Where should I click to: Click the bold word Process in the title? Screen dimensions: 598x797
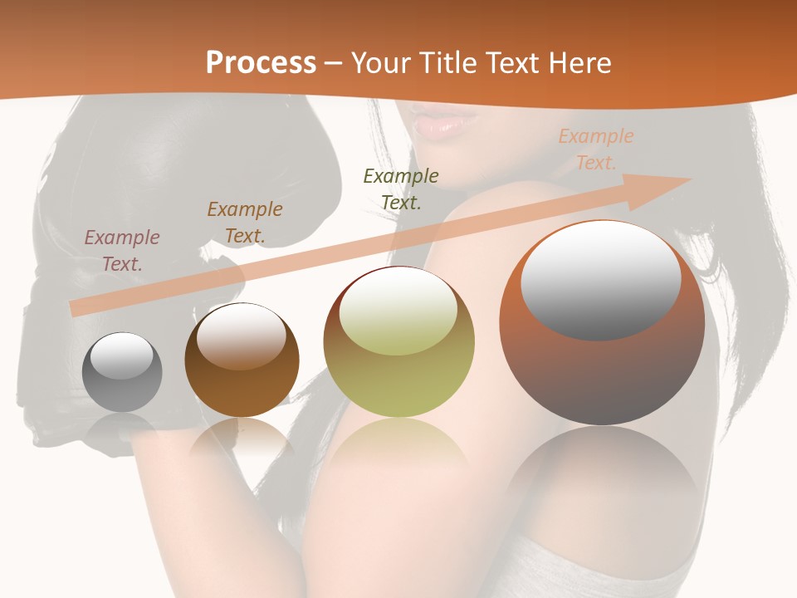(x=261, y=63)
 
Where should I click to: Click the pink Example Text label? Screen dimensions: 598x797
(x=122, y=250)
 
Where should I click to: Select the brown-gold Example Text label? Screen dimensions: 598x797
(x=245, y=222)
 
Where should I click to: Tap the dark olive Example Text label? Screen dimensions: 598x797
(x=401, y=189)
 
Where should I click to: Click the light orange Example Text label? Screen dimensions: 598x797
(x=596, y=149)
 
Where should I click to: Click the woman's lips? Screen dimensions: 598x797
(x=444, y=122)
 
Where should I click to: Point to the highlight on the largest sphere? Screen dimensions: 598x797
(x=600, y=281)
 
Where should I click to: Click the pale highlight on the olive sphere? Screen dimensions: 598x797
(x=398, y=311)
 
